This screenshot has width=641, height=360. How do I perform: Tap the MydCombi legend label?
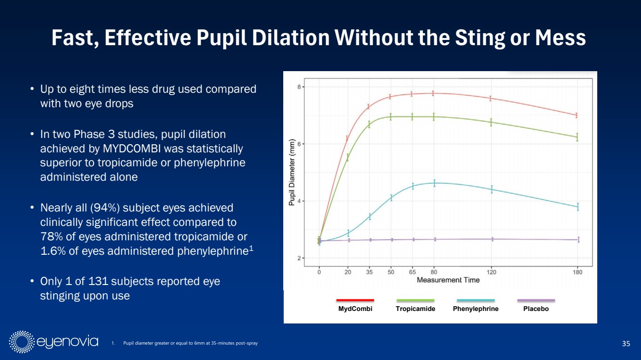(355, 309)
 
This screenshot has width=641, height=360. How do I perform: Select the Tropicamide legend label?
(415, 309)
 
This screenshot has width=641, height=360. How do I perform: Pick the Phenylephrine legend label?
(476, 309)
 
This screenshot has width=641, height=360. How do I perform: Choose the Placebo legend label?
(536, 309)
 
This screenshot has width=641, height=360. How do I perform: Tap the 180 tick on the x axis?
(578, 273)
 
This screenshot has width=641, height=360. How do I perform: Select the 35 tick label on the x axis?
(369, 273)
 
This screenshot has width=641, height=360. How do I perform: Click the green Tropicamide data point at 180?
(577, 137)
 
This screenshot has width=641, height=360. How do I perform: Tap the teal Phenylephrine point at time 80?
(434, 183)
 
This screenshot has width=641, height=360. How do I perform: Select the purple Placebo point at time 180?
(578, 239)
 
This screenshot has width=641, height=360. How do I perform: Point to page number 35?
(626, 343)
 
